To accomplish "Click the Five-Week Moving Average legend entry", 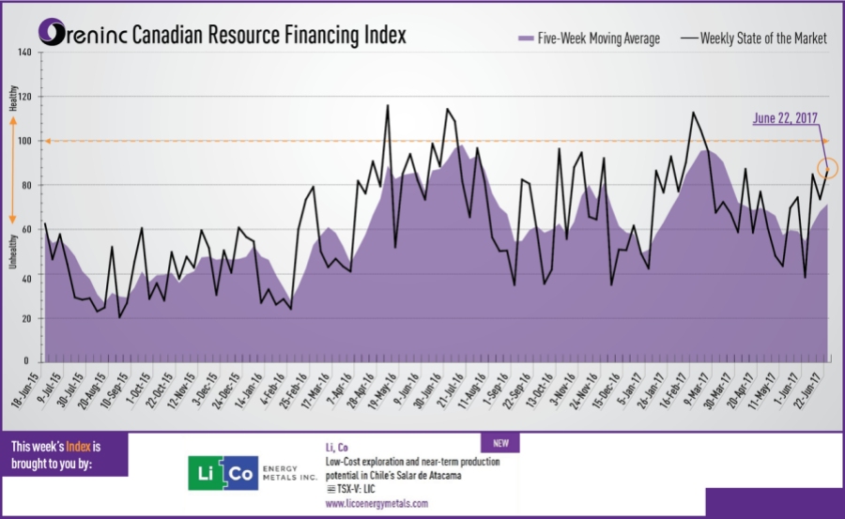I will coord(589,38).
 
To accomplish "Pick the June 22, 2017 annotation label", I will coord(786,118).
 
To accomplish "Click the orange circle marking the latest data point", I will coord(827,169).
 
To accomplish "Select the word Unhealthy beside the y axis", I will coord(12,250).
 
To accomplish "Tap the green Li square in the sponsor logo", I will coord(207,474).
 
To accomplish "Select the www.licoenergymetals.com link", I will coord(376,504).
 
